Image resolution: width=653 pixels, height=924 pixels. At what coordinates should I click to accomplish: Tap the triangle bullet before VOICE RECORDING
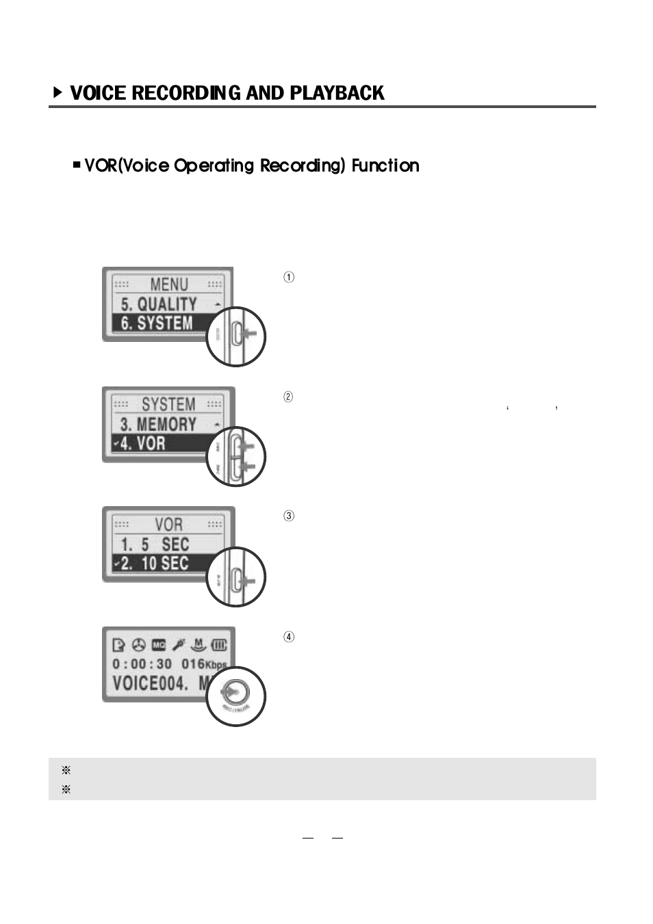pos(58,92)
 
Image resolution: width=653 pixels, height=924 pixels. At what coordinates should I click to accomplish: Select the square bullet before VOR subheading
pos(77,166)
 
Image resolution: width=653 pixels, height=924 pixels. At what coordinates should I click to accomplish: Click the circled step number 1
pos(289,278)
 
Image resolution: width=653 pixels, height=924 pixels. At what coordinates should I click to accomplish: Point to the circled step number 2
pos(289,397)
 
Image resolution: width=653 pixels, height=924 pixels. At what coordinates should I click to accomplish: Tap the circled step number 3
pos(289,516)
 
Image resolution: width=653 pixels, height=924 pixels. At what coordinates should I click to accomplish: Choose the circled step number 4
pos(289,637)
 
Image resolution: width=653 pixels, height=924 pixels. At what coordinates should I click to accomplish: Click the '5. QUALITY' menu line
pos(159,304)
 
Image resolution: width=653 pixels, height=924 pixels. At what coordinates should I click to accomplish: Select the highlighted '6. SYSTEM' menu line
pos(157,324)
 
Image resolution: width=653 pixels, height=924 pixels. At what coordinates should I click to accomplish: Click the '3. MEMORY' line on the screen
pos(158,424)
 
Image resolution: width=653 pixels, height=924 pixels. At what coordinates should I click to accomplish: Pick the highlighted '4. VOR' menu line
pos(142,443)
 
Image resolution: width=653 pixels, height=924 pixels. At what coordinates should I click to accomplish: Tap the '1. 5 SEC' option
pos(155,544)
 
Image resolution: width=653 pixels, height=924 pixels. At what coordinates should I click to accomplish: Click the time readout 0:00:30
pos(142,664)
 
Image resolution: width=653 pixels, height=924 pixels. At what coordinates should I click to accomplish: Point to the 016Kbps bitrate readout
pos(203,664)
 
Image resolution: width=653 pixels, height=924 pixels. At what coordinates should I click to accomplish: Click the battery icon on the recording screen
pos(220,645)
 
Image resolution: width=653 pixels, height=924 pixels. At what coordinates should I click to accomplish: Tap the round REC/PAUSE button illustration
pos(235,696)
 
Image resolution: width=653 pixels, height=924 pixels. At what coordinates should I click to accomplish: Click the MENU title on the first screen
pos(168,284)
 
